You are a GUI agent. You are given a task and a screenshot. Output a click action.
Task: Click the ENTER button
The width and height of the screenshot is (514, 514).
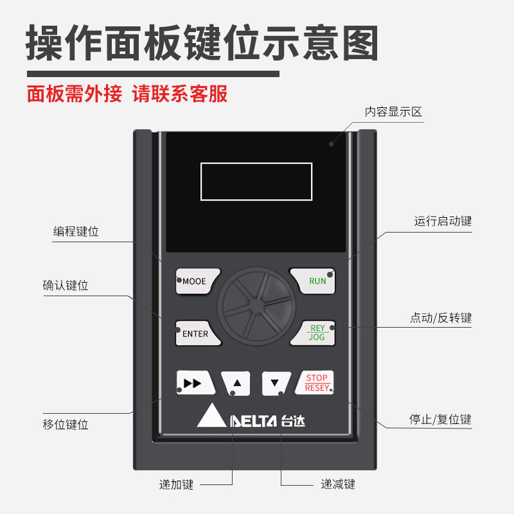click(195, 333)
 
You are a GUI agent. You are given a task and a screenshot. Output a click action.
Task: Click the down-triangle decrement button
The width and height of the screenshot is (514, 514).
click(276, 384)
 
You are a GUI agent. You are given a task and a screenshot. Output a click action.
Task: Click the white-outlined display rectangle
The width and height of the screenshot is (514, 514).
click(256, 182)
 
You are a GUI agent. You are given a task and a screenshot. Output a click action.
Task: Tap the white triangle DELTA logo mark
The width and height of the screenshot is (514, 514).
click(211, 418)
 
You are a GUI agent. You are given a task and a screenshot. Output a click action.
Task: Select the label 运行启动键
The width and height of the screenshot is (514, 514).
click(443, 222)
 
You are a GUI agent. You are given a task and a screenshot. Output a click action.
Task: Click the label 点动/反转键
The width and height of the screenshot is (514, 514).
click(441, 318)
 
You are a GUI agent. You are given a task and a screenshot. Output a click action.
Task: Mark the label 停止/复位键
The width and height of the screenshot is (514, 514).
click(441, 420)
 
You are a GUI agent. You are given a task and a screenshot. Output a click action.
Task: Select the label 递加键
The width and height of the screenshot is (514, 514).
click(177, 484)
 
